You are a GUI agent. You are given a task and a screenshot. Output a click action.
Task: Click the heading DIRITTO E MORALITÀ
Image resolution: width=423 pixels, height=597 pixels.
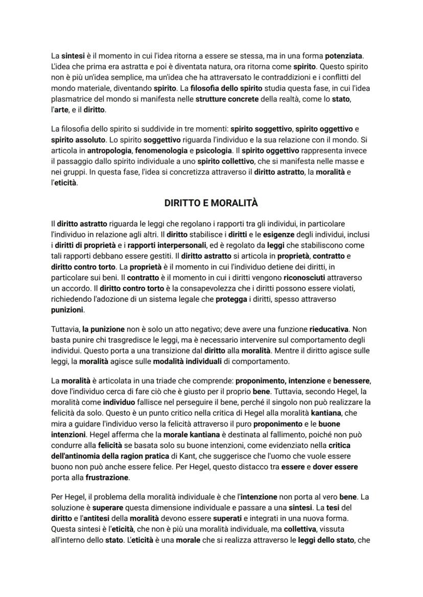211,203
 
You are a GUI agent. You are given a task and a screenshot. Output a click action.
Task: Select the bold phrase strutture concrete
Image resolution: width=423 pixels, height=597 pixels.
227,99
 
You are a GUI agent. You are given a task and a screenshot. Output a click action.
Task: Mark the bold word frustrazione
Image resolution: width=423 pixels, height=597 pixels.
107,478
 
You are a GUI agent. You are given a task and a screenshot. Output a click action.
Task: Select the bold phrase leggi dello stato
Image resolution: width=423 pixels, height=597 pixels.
326,540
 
